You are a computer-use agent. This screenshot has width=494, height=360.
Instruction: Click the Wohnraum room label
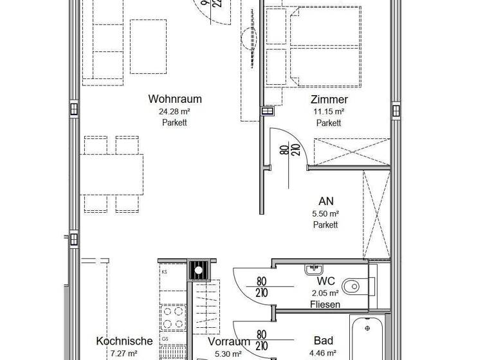[x=175, y=99]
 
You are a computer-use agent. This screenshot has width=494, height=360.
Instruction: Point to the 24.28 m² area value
[x=175, y=111]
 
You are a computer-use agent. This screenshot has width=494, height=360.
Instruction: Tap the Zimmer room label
[x=329, y=99]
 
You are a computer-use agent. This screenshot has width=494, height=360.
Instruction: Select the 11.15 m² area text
[x=329, y=111]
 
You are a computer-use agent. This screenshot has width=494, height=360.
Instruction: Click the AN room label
[x=325, y=201]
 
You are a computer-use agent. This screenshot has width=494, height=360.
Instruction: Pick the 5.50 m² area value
[x=325, y=213]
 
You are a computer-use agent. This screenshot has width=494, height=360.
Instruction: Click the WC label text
[x=325, y=281]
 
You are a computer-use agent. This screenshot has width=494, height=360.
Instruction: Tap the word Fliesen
[x=325, y=304]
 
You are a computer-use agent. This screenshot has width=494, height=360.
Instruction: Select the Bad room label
[x=323, y=340]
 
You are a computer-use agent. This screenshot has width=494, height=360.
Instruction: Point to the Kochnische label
[x=124, y=341]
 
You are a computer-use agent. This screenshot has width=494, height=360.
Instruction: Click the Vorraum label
[x=228, y=341]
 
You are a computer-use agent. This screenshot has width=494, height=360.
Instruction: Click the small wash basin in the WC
[x=315, y=268]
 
